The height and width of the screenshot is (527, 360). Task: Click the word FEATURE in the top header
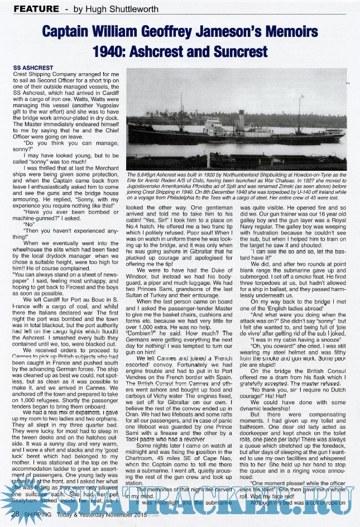(x=36, y=9)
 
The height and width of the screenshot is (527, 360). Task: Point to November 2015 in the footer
(x=138, y=512)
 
